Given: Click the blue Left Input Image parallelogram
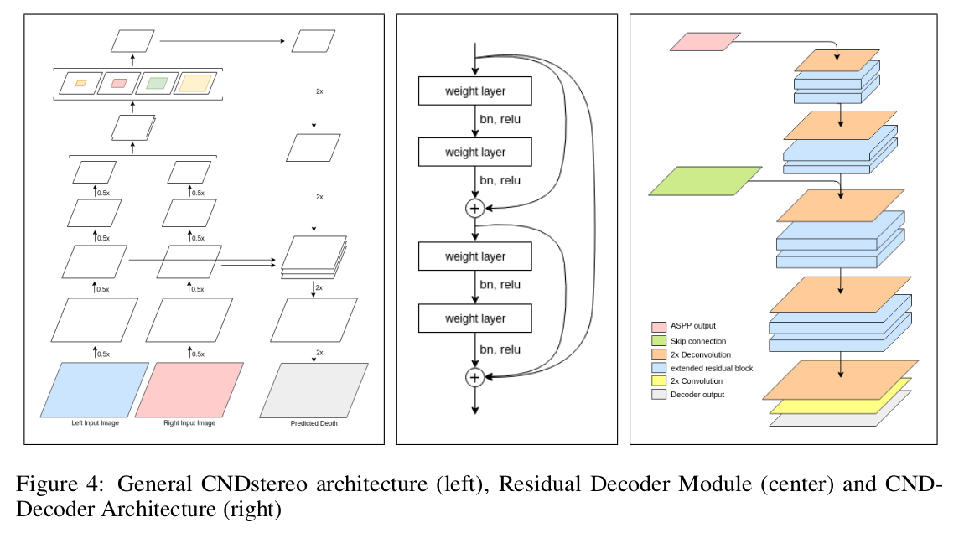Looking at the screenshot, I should click(x=95, y=389).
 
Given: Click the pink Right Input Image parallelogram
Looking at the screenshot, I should click(x=189, y=389).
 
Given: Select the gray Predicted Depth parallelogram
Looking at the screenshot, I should click(x=314, y=390).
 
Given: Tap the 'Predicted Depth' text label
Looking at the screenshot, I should click(x=314, y=423).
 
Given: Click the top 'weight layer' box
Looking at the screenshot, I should click(x=475, y=91).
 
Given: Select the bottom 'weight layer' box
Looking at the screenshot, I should click(x=475, y=318).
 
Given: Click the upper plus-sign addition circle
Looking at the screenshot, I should click(x=475, y=208).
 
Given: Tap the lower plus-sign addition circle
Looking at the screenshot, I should click(x=475, y=377).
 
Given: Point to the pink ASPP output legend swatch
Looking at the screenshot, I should click(x=659, y=326).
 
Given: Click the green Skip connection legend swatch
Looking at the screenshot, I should click(x=659, y=341).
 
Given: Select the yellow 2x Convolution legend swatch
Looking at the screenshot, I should click(x=659, y=381).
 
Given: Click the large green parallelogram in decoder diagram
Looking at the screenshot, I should click(x=705, y=181).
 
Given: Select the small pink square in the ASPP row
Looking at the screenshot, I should click(x=119, y=83).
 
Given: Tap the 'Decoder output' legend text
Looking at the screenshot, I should click(x=697, y=395).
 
